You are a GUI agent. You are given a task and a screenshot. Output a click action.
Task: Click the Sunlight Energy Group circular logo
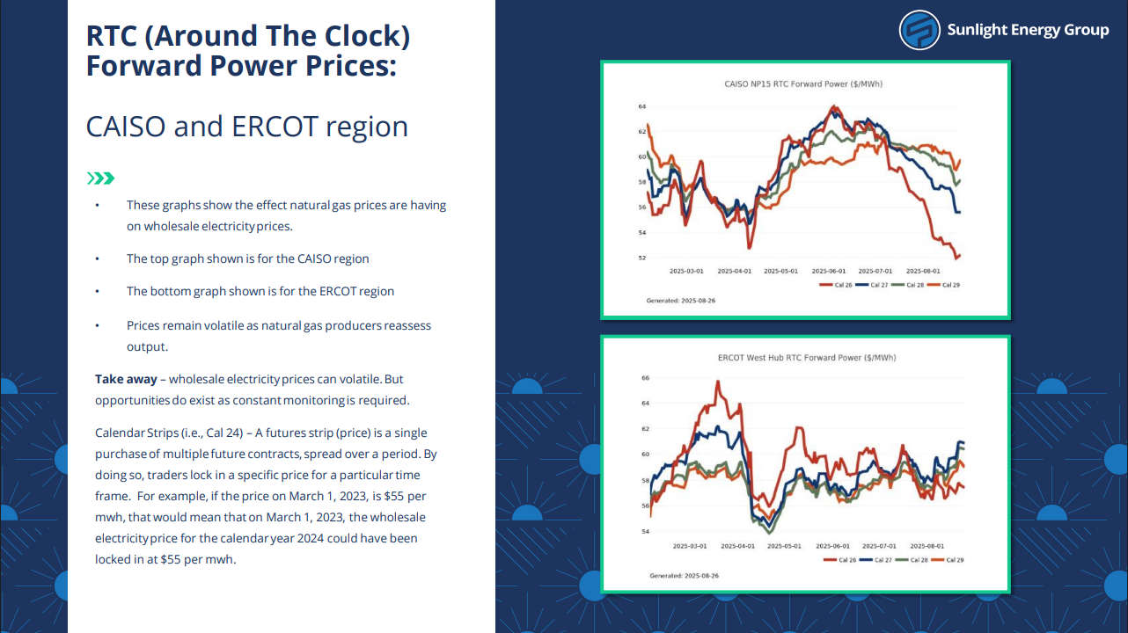point(919,30)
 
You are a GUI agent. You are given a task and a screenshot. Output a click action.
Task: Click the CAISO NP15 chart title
point(803,84)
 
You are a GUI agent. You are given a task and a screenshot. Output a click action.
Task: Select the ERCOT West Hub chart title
point(807,358)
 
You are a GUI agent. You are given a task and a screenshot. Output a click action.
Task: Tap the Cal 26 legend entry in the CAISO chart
point(835,285)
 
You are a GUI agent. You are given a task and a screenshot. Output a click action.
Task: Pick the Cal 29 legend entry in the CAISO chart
point(943,285)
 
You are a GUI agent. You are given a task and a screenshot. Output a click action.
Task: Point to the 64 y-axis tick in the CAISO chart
point(642,106)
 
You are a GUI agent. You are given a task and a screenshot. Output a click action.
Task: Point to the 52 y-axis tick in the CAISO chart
point(642,258)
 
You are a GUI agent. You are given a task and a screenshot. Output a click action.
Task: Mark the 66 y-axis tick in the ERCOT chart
point(646,378)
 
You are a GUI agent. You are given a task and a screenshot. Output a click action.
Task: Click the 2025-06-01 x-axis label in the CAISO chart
point(829,271)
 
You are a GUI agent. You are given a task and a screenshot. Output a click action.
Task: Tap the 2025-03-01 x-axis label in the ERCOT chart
point(690,546)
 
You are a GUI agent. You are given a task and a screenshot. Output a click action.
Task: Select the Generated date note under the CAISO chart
point(681,301)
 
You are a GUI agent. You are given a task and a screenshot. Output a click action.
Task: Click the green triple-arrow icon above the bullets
point(100,178)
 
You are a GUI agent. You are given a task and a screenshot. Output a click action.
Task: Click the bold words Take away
point(126,379)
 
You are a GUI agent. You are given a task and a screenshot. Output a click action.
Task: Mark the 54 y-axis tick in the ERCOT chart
point(646,531)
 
